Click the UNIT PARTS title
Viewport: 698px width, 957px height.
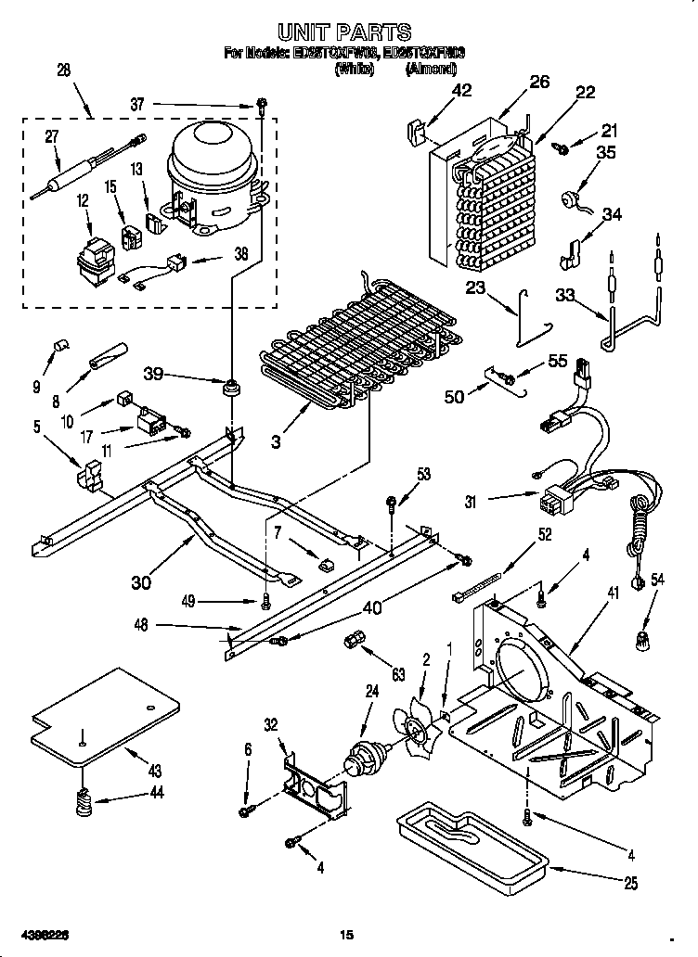coord(350,35)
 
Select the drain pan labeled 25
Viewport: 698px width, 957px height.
coord(470,839)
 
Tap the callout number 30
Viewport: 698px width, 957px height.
coord(141,583)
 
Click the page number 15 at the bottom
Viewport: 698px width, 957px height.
coord(347,935)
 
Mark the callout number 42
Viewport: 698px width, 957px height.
coord(461,91)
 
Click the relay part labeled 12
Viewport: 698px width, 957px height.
coord(93,261)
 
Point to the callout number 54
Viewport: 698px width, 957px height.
coord(658,580)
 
